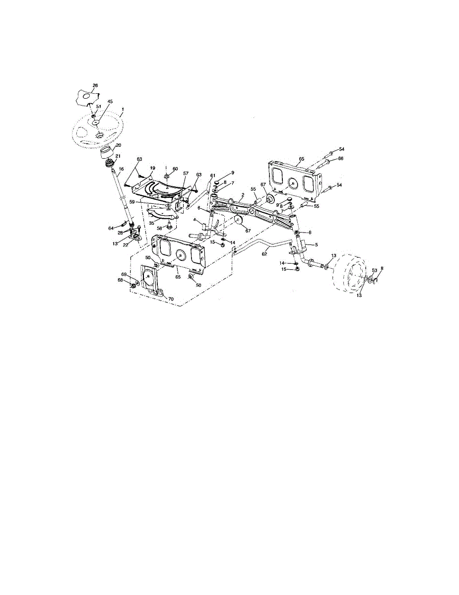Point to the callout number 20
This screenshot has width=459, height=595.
118,146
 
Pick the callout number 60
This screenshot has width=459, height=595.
175,169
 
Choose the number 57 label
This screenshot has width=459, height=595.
186,174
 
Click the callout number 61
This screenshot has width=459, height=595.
213,176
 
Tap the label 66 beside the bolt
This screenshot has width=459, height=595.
341,159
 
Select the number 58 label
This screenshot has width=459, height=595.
159,228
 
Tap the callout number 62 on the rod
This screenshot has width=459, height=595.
264,254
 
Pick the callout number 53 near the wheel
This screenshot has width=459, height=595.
374,270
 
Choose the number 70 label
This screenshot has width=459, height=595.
171,299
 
